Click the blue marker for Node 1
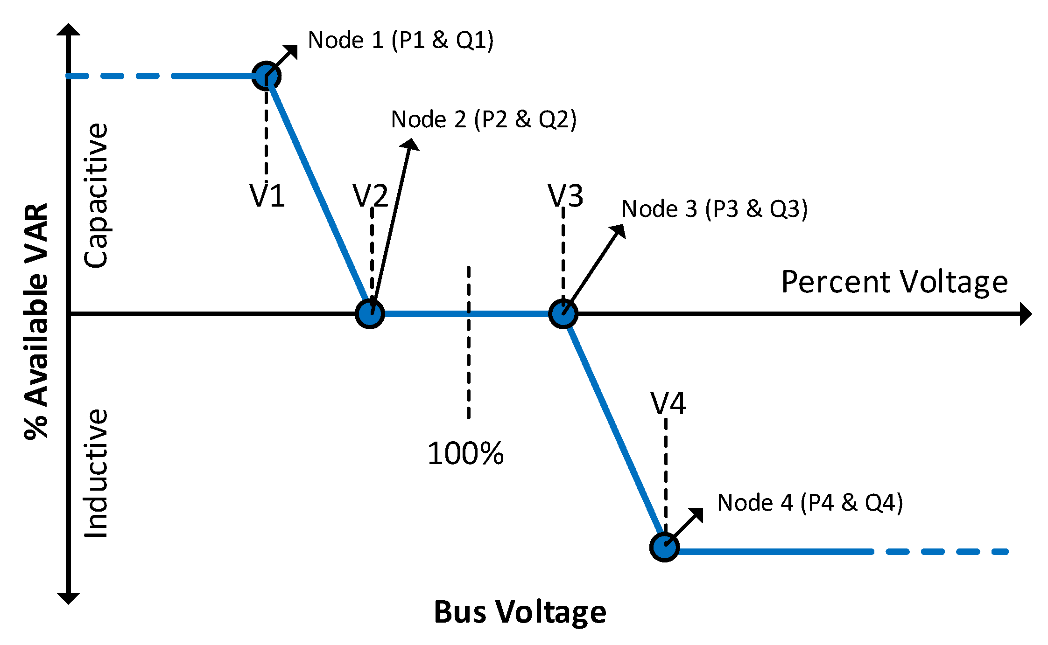(x=266, y=76)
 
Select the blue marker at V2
(x=370, y=314)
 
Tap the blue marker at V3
(x=563, y=314)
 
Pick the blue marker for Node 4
(x=664, y=547)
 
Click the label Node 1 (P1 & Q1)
(x=401, y=40)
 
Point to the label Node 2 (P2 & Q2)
(x=484, y=119)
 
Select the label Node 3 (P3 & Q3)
(x=714, y=208)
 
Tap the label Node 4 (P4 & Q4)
(x=810, y=503)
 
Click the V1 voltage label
(x=267, y=196)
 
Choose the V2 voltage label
(x=370, y=196)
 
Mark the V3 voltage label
(x=565, y=196)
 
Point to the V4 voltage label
(x=668, y=403)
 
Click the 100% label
(x=465, y=453)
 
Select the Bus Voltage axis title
(x=520, y=612)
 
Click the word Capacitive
(x=96, y=196)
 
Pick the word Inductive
(x=96, y=473)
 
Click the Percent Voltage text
(x=894, y=282)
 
